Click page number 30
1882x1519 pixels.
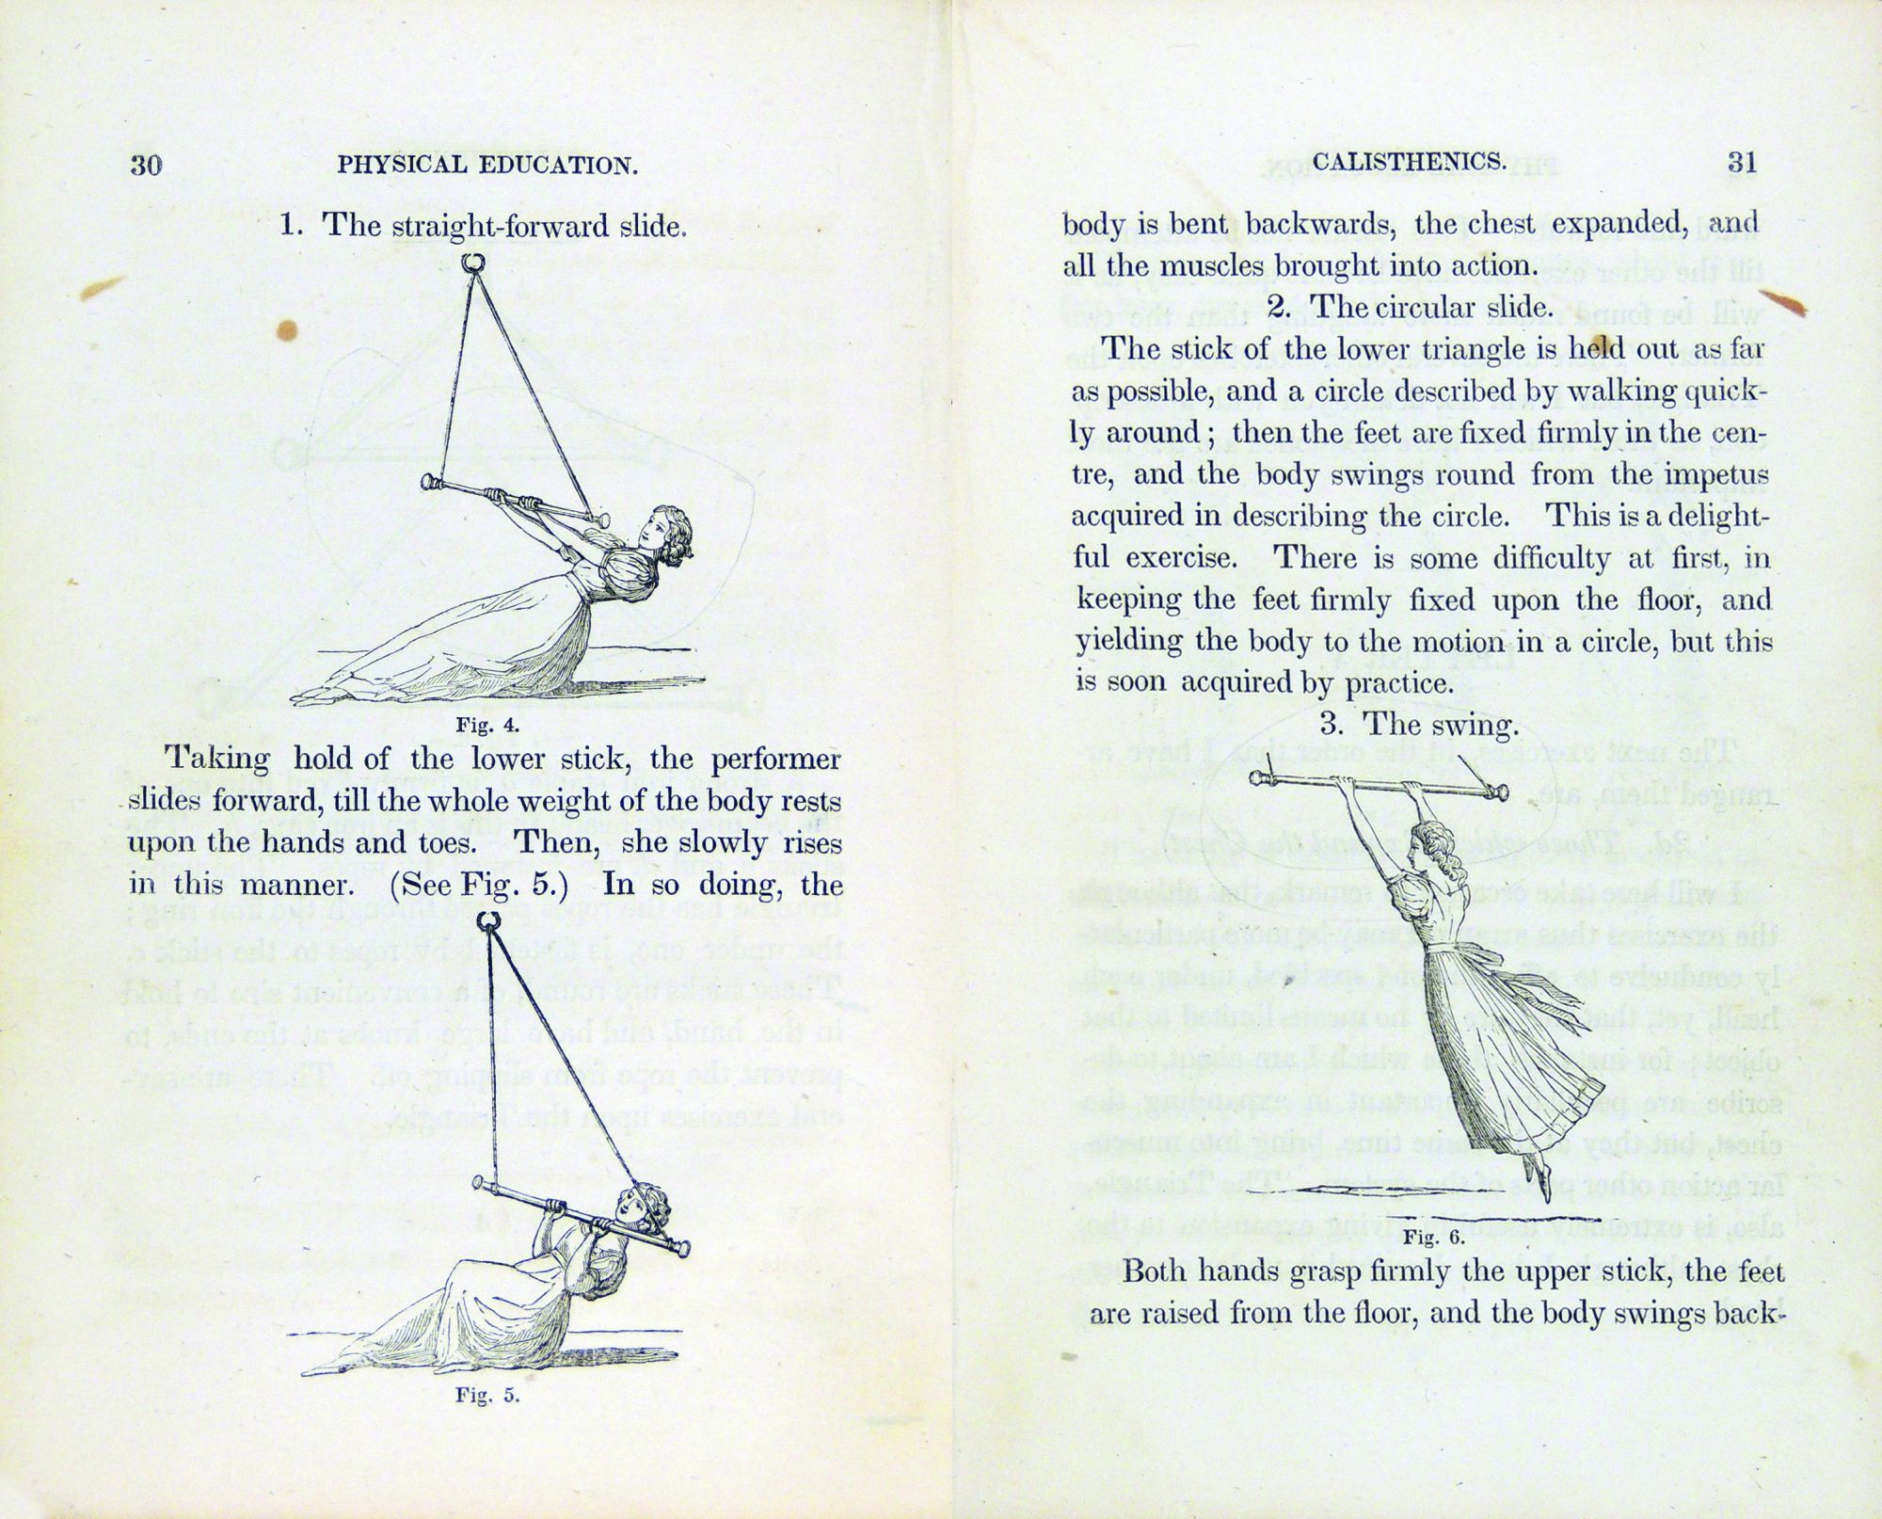tap(146, 166)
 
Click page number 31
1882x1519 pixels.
tap(1742, 162)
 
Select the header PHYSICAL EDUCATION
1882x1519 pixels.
tap(487, 166)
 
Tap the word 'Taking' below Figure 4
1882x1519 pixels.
tap(216, 759)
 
